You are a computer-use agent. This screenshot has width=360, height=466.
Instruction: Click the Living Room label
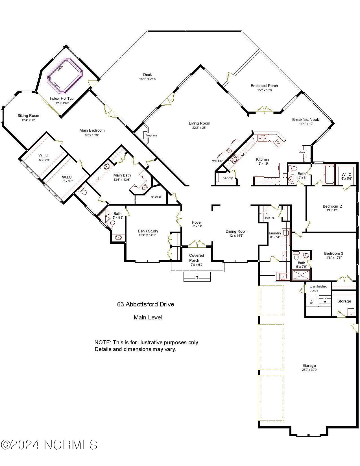[x=199, y=123]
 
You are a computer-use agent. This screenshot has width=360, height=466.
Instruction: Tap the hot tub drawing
[x=65, y=75]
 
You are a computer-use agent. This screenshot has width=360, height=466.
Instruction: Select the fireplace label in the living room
[x=151, y=136]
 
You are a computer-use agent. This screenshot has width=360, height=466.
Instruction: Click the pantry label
[x=228, y=178]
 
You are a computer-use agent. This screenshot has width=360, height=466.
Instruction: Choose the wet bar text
[x=217, y=161]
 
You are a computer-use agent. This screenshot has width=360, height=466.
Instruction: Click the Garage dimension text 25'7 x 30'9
[x=309, y=370]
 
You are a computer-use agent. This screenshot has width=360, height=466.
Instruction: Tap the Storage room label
[x=344, y=301]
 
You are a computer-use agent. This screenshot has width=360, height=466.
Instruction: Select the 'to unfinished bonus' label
[x=318, y=288]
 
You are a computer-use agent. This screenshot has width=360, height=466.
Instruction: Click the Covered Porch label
[x=196, y=258]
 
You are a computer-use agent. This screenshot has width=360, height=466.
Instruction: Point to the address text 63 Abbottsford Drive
[x=145, y=304]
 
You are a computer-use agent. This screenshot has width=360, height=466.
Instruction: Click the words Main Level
[x=148, y=317]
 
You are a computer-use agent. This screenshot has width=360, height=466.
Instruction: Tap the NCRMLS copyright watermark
[x=49, y=445]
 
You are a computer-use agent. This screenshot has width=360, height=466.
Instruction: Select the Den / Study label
[x=148, y=231]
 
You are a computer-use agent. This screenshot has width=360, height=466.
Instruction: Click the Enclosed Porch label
[x=264, y=86]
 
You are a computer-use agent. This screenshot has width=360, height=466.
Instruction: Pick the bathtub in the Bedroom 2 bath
[x=329, y=174]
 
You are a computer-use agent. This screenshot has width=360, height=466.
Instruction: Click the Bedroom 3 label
[x=333, y=253]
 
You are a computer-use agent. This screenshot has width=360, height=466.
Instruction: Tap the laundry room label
[x=275, y=233]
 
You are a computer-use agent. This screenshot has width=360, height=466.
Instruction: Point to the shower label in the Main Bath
[x=156, y=197]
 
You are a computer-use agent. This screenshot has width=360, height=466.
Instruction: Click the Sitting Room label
[x=28, y=116]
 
